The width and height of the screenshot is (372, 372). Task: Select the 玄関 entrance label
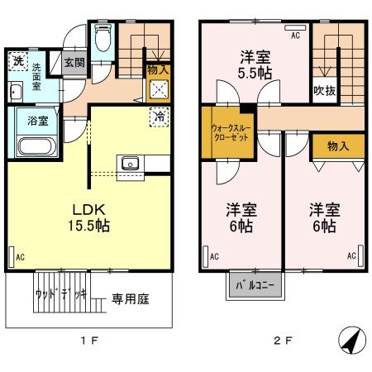[x=74, y=61]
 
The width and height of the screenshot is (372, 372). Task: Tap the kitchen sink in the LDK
[x=131, y=163]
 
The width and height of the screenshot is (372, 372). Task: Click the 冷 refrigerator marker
[x=158, y=117]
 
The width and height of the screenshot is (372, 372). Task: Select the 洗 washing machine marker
[x=17, y=60]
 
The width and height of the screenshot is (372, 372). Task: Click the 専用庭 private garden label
[x=131, y=298]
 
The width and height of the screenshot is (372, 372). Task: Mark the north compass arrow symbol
[x=349, y=340]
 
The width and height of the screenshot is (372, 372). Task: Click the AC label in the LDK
[x=19, y=258]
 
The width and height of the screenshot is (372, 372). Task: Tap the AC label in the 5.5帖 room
[x=294, y=36]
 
